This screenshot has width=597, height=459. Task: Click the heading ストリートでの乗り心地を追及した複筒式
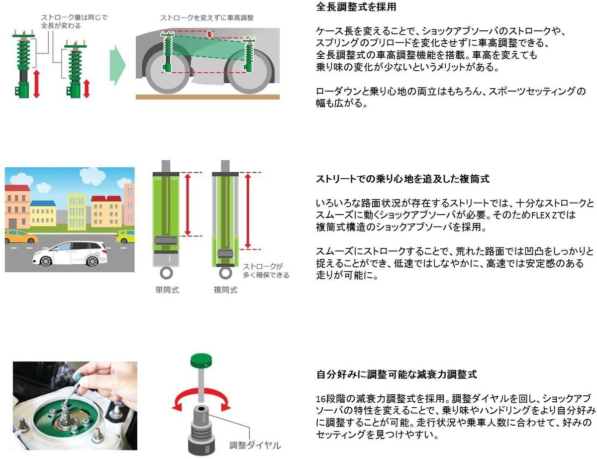[402, 179]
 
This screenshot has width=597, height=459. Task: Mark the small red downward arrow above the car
[210, 34]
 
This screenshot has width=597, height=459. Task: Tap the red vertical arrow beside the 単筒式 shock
[188, 204]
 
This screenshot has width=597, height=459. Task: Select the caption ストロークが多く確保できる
[265, 271]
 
